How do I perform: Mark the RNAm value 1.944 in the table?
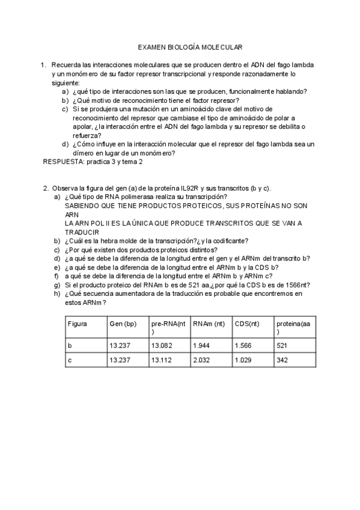click(x=201, y=346)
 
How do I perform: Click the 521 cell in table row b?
click(x=282, y=346)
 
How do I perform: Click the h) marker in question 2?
click(x=57, y=294)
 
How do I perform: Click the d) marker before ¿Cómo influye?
click(x=65, y=144)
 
